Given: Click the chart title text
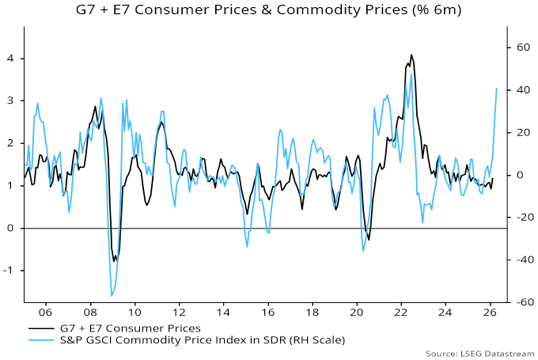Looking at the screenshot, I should pos(268,10).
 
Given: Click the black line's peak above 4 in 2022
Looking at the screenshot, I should pos(411,55).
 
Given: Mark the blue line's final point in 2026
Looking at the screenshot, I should pos(497,88).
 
